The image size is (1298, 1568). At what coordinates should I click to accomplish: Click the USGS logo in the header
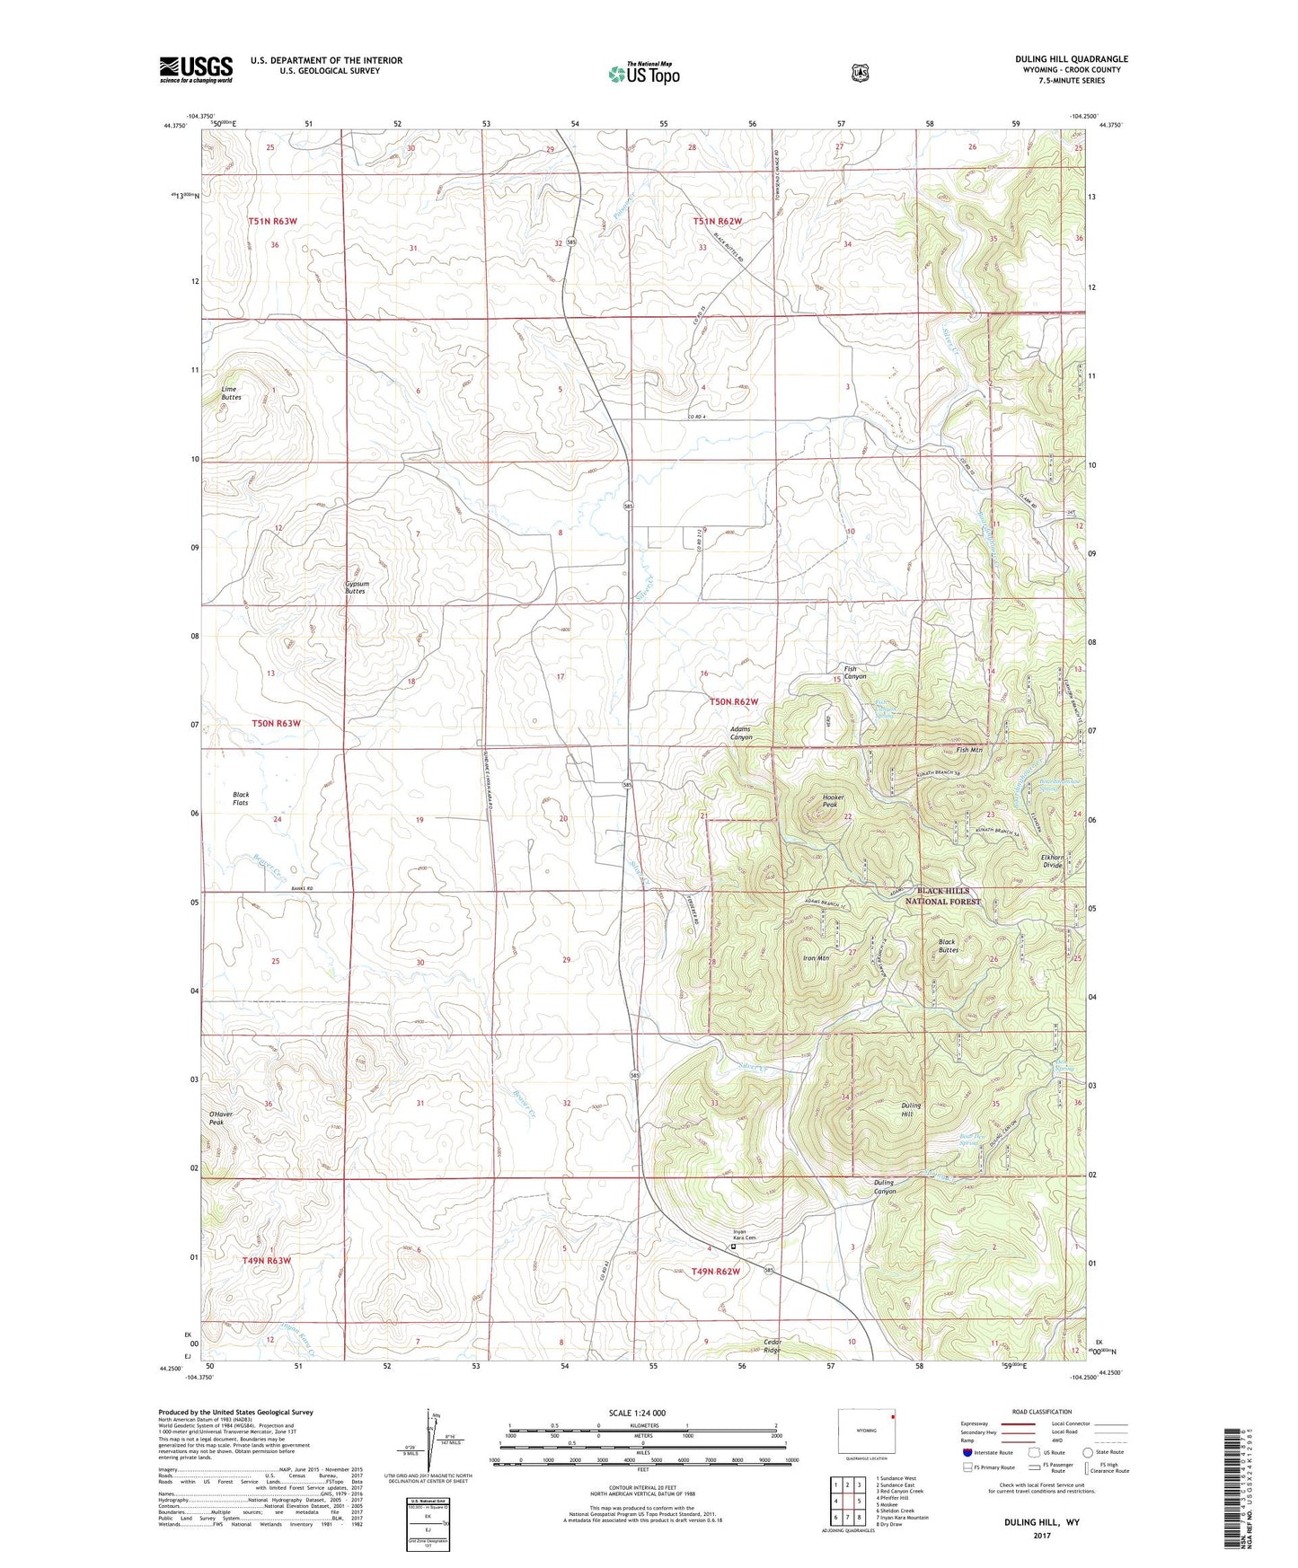click(196, 69)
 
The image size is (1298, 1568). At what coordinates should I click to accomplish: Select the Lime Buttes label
click(231, 393)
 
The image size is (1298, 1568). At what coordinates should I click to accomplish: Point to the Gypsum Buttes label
click(356, 587)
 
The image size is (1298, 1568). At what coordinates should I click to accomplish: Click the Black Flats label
click(241, 798)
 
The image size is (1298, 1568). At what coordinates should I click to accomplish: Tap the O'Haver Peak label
click(221, 1118)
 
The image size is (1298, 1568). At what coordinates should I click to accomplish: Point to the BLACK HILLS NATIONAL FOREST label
click(942, 896)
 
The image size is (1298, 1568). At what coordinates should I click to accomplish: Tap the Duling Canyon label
click(884, 1186)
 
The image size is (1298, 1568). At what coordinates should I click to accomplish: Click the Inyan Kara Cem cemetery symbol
click(732, 1246)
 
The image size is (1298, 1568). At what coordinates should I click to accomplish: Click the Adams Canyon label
click(741, 733)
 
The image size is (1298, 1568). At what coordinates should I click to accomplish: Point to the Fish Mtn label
click(968, 750)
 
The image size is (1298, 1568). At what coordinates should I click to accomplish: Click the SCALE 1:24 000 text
click(637, 1413)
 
